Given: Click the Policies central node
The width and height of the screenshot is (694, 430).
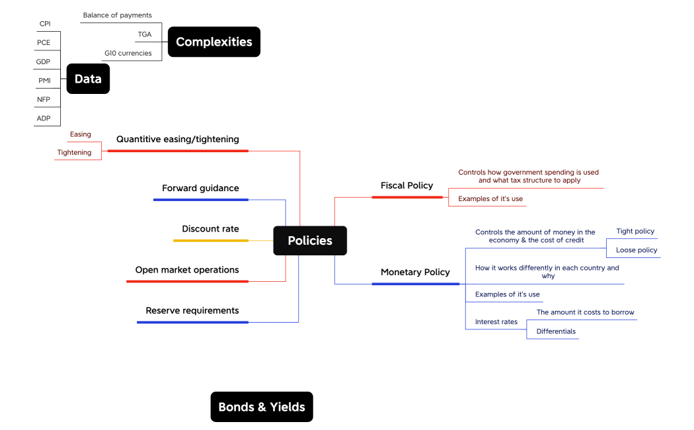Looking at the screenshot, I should (310, 241).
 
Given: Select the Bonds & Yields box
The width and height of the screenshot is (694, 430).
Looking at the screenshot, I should (262, 407).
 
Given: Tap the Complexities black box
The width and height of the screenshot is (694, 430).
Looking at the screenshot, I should (214, 42).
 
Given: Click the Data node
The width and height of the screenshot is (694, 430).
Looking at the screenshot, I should (88, 79).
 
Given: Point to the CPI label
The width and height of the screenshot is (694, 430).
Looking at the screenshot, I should (45, 24).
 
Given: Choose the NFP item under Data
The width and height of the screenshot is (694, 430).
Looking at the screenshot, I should (44, 99).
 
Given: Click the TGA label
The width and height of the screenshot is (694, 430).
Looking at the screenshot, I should (145, 34).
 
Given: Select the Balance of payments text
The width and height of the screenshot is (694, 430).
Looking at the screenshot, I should (117, 15).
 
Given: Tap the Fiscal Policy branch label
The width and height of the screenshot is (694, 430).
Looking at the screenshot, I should (406, 185).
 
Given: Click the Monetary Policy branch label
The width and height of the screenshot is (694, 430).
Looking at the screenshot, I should (415, 272).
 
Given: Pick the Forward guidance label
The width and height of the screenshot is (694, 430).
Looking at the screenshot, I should (200, 188).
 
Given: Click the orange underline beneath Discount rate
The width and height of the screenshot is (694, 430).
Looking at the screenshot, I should (210, 241).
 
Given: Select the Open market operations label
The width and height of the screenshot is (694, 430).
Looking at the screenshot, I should (187, 270).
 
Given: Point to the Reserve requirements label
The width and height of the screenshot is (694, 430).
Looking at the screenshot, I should (192, 310).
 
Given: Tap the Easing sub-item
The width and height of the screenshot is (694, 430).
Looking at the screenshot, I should (80, 134).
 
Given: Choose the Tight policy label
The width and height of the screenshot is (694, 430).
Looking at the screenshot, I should (635, 231).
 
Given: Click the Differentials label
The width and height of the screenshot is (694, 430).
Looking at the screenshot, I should (556, 331).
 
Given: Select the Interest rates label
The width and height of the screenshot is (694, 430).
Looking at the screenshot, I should (496, 322).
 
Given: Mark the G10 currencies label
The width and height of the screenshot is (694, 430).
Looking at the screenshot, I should (128, 53).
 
